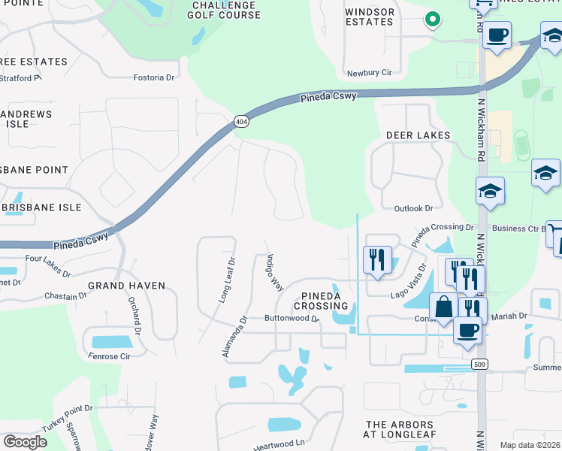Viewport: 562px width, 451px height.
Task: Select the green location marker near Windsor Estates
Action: click(432, 20)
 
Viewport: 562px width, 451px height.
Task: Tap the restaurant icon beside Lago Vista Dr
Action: click(377, 260)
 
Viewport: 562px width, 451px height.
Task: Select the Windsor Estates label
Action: click(369, 17)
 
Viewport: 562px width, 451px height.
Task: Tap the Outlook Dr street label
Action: click(414, 208)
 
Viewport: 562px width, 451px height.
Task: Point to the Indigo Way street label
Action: click(273, 273)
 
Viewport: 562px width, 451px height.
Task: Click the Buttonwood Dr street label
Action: click(292, 318)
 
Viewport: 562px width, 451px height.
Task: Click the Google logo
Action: click(25, 442)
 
